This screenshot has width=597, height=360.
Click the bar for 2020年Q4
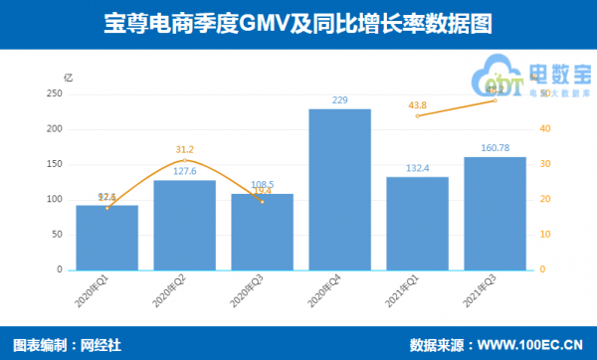[x=339, y=189]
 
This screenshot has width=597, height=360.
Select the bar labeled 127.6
[x=184, y=225]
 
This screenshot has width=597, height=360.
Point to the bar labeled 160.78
[x=495, y=213]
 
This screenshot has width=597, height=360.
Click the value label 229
[x=339, y=99]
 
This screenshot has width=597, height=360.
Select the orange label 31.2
[x=184, y=150]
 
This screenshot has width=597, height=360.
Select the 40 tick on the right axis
[x=543, y=128]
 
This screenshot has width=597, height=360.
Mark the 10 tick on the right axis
[x=543, y=235]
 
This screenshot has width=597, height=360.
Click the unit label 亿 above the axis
[x=67, y=77]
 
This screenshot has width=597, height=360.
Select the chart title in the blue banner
[x=298, y=22]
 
